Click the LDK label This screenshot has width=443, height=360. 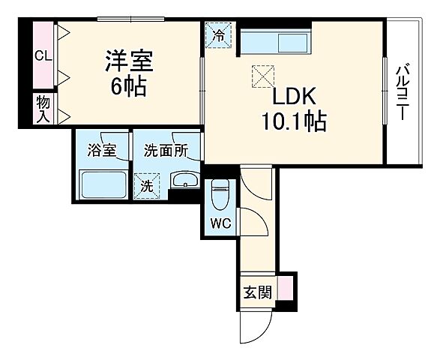point(295,97)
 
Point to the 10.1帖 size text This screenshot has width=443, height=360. point(294,121)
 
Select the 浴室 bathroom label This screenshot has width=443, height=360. point(101,150)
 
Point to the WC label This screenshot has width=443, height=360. point(219,223)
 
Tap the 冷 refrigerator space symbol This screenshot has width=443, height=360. point(219,35)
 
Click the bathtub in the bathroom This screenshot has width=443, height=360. point(101,184)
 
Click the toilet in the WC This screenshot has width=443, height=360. point(220,196)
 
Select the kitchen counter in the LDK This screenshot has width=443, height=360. point(274,41)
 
